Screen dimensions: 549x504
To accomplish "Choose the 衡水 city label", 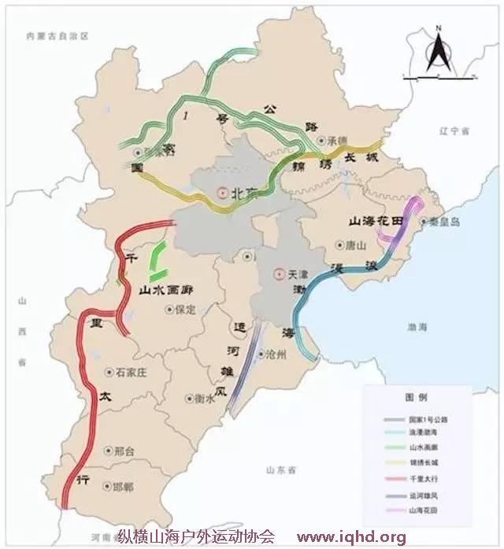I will [x=204, y=399].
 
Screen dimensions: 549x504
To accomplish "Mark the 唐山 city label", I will [x=357, y=245].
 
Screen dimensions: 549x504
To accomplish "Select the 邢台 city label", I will [x=124, y=451].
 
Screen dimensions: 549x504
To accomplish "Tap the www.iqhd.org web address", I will [x=351, y=538].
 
